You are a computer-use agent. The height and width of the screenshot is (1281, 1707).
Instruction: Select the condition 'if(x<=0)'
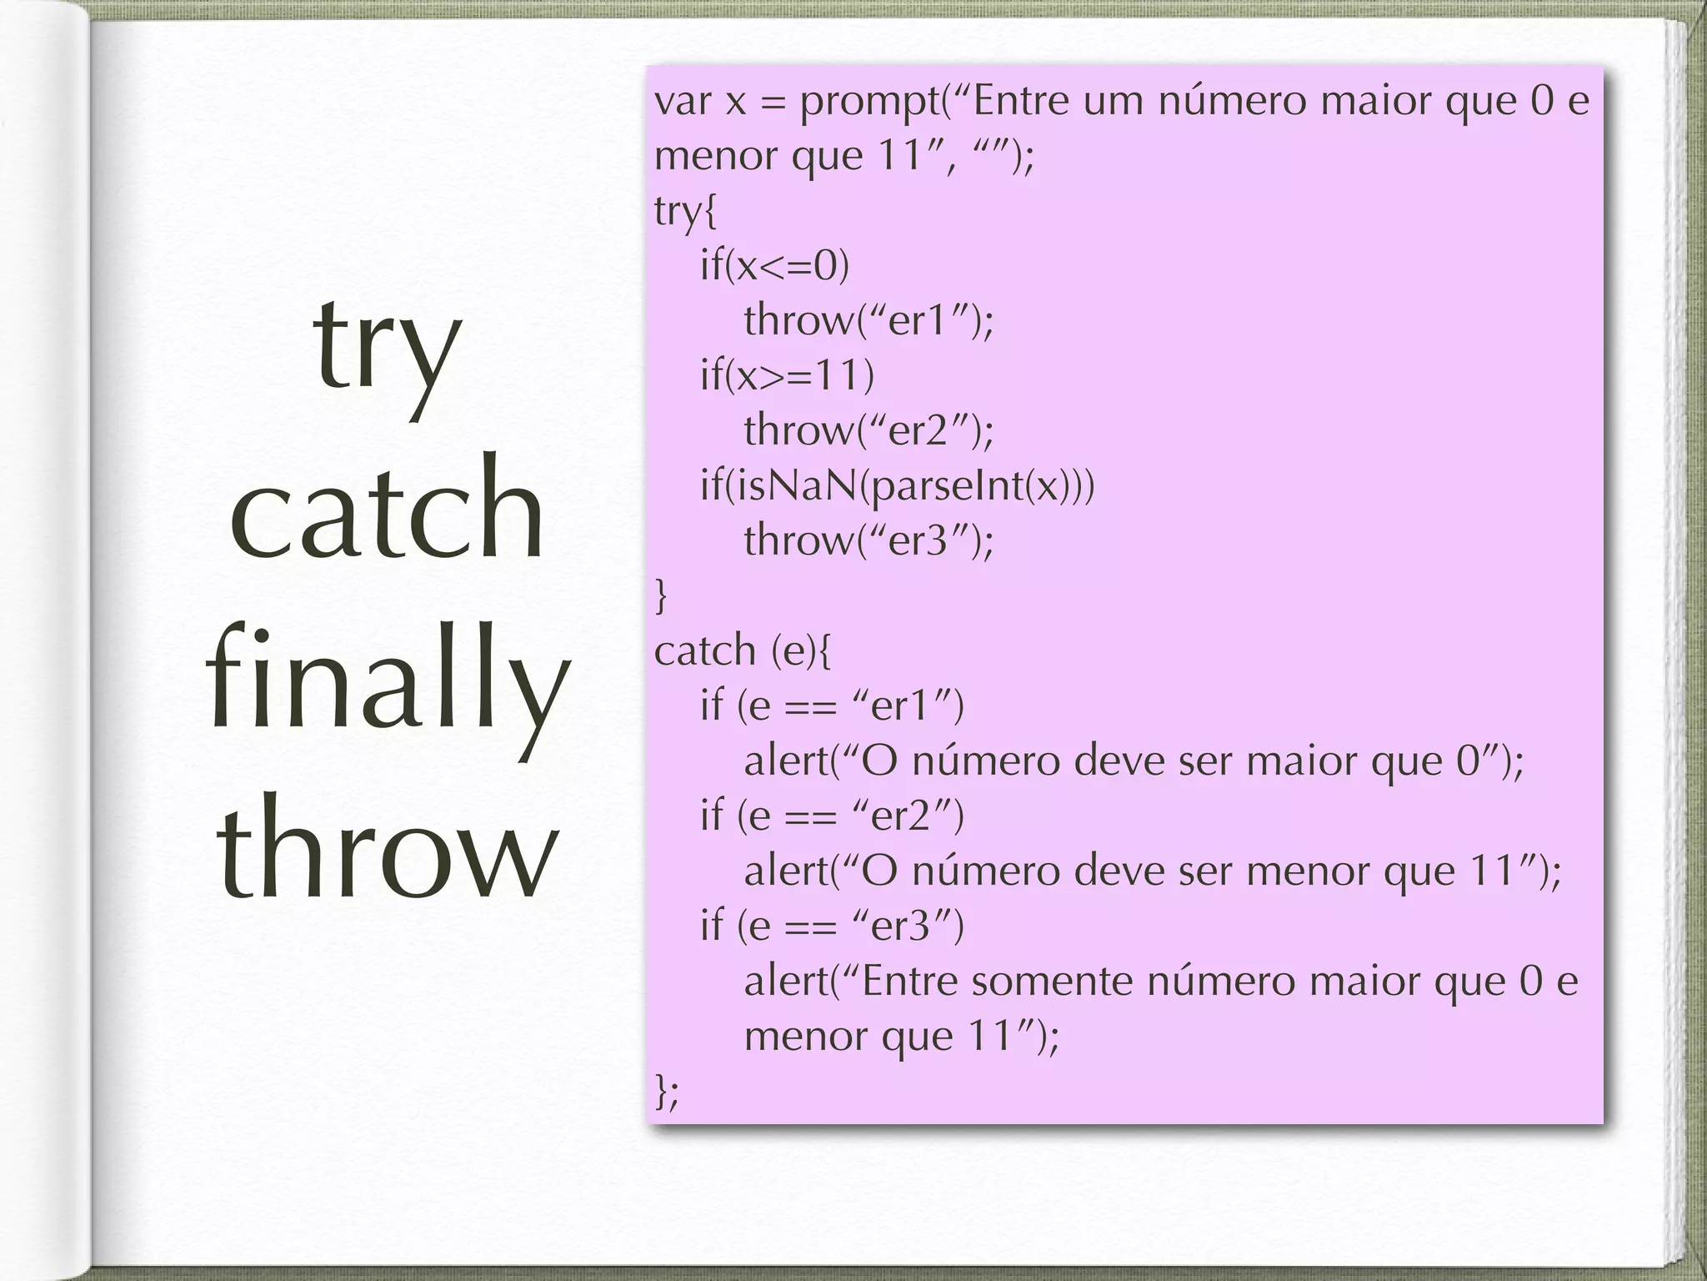pos(774,266)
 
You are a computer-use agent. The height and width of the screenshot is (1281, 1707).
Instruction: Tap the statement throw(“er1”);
pos(869,320)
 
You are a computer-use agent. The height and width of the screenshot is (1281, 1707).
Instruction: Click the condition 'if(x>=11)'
pos(787,375)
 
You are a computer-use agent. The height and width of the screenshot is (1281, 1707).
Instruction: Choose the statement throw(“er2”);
pos(869,430)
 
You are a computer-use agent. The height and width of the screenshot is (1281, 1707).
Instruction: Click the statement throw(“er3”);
pos(869,540)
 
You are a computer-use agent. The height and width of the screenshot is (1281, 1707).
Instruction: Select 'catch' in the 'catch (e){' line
pos(704,651)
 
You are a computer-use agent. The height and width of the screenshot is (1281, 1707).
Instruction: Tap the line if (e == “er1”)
pos(832,706)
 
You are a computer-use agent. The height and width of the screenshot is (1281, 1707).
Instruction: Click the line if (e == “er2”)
pos(832,816)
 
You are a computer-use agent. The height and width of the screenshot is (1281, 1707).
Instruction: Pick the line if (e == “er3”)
pos(832,926)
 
